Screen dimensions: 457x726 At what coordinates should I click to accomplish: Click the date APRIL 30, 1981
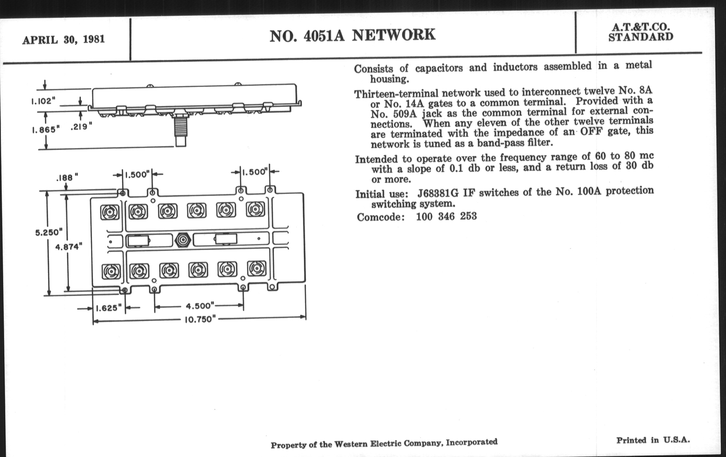pos(63,39)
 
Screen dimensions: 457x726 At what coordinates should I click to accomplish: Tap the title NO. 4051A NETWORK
pos(352,35)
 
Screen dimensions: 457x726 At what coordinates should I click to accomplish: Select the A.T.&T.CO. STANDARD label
pos(641,32)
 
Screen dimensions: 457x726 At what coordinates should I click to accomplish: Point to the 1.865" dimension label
pos(46,130)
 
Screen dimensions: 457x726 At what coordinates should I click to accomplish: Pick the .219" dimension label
pos(81,127)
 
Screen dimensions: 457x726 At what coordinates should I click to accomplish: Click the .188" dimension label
pos(67,177)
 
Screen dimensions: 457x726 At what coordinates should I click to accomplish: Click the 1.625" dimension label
pos(109,308)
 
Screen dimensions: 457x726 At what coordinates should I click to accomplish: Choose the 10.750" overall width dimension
pos(200,319)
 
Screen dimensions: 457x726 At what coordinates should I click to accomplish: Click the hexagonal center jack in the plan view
pos(183,240)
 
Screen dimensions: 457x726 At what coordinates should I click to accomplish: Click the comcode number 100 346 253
pos(446,216)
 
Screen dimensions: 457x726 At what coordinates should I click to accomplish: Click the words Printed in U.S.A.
pos(653,440)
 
